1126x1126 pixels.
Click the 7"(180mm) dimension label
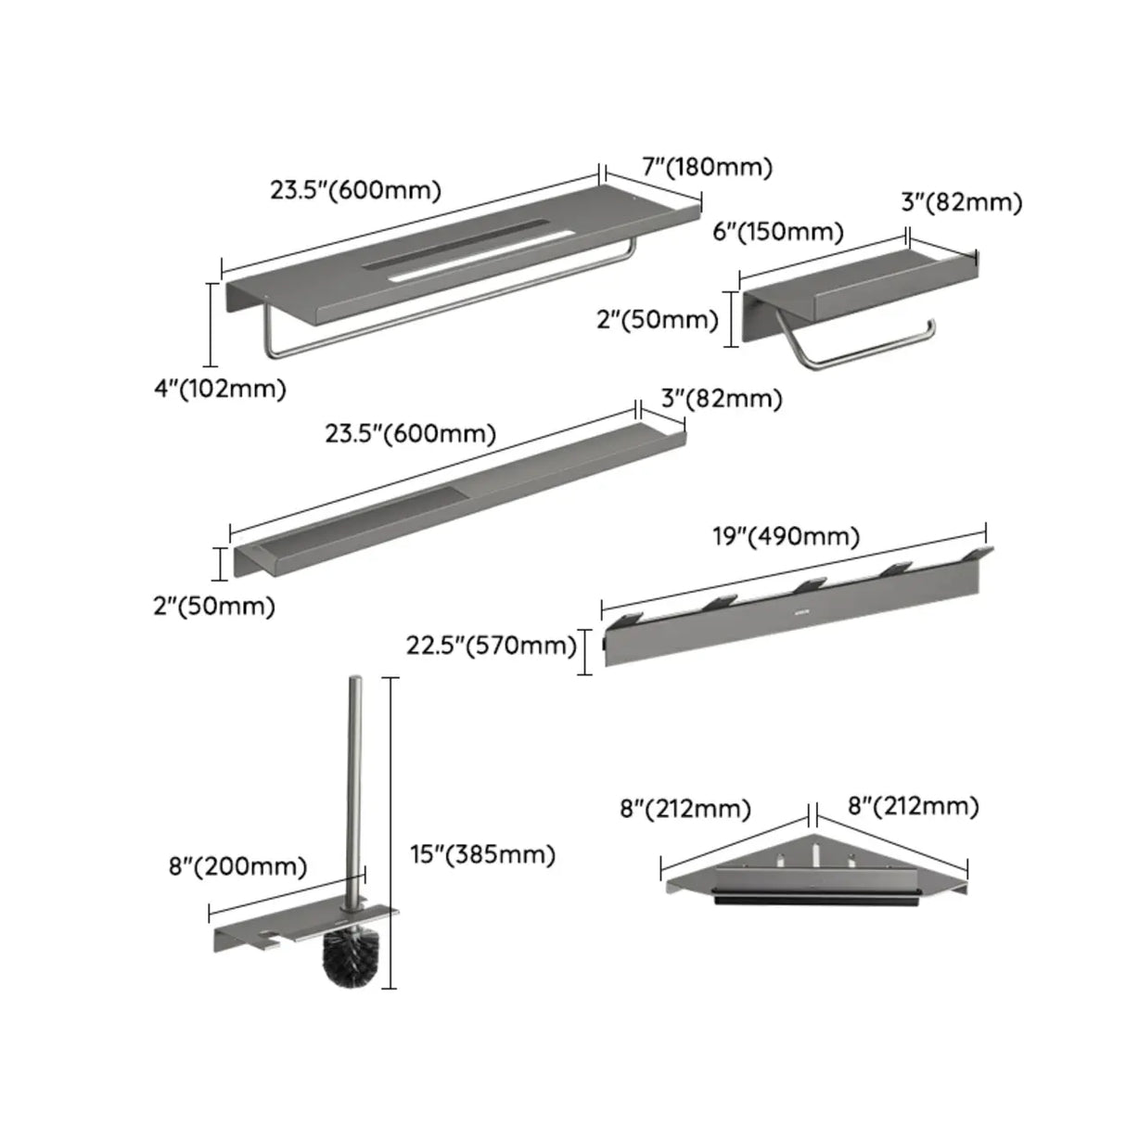(x=707, y=167)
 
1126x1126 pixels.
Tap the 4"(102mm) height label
(x=220, y=389)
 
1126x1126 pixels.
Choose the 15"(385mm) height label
(x=482, y=854)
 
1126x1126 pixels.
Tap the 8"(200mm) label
(x=237, y=866)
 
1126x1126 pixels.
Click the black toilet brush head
(x=345, y=957)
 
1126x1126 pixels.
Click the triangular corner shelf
(x=816, y=872)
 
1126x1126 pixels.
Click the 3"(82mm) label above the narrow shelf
(x=721, y=399)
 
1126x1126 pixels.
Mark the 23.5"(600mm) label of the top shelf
(x=355, y=190)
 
